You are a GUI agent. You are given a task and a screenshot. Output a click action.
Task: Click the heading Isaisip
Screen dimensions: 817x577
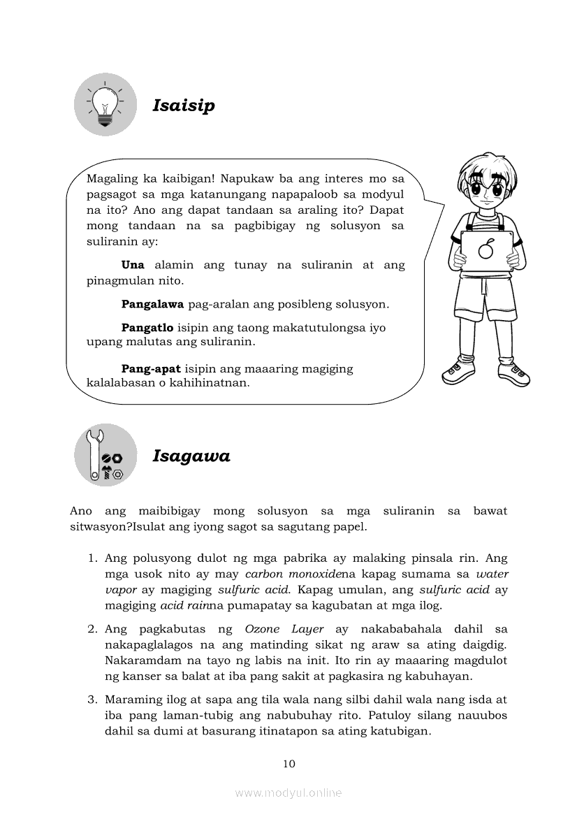(184, 106)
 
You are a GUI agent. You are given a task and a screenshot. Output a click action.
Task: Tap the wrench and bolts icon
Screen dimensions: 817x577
(105, 456)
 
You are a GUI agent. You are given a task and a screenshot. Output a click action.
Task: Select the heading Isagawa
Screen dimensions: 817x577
(191, 456)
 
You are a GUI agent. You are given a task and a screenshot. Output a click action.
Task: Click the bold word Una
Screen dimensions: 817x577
(133, 266)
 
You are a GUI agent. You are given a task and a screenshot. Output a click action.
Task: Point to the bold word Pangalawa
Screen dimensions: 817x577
(152, 305)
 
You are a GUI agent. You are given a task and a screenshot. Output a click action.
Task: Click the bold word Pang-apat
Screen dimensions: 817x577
(151, 368)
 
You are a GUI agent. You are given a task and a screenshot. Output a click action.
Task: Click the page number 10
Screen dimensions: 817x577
(289, 763)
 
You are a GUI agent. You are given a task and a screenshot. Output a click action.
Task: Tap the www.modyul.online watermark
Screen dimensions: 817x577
(288, 793)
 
